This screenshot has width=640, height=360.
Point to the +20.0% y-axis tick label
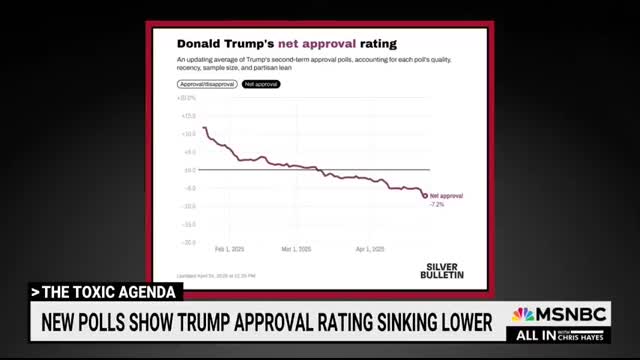coord(187,98)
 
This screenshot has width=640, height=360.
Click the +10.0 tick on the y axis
coord(188,133)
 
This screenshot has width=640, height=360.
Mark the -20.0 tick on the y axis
coord(188,242)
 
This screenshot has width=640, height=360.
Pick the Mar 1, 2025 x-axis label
coord(299,250)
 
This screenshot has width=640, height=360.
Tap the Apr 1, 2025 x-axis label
coord(371,250)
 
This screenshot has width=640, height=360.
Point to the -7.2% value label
coord(437,203)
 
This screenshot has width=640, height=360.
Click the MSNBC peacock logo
coord(522,315)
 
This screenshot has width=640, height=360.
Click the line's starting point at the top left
coord(203,127)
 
